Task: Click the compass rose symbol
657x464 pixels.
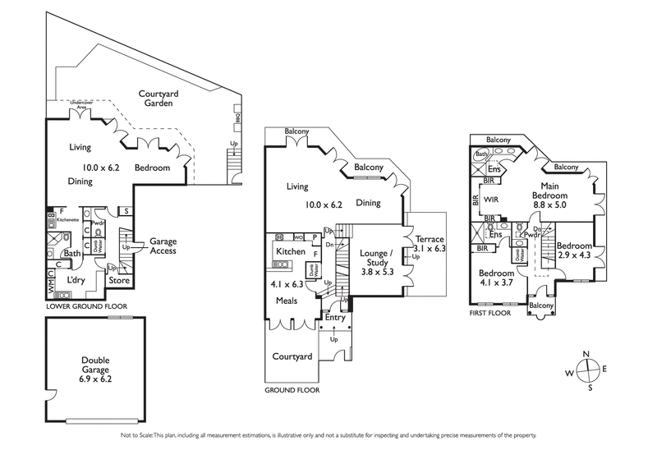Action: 587,372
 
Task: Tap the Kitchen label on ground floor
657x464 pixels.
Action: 291,251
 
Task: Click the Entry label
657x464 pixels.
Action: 334,317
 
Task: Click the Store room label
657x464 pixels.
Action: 120,280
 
